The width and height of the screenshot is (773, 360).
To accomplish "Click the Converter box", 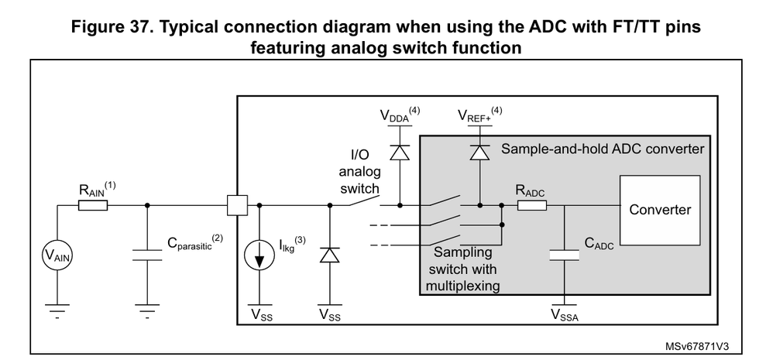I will pyautogui.click(x=660, y=210).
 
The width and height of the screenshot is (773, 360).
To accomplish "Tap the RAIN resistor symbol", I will pyautogui.click(x=93, y=207).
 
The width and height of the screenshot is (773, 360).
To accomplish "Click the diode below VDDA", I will pyautogui.click(x=400, y=152).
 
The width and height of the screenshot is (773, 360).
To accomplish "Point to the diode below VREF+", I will pyautogui.click(x=480, y=152).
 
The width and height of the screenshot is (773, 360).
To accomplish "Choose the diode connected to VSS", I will pyautogui.click(x=331, y=255).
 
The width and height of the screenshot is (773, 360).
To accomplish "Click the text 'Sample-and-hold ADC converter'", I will pyautogui.click(x=603, y=147).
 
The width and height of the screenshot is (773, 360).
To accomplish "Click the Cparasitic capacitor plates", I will pyautogui.click(x=146, y=255).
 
